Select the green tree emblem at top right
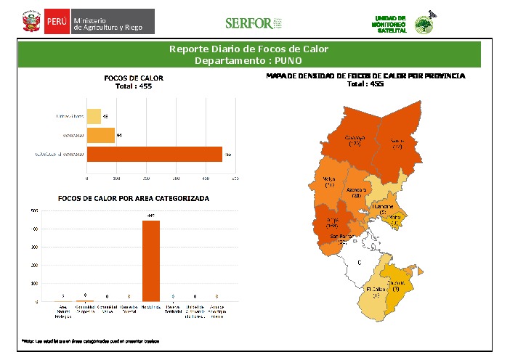423,24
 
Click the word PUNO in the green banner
267,60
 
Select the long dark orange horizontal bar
155,154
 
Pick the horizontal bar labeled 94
101,135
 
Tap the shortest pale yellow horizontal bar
94,116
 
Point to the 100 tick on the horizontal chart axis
116,178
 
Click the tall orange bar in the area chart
151,261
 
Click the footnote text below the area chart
90,340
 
